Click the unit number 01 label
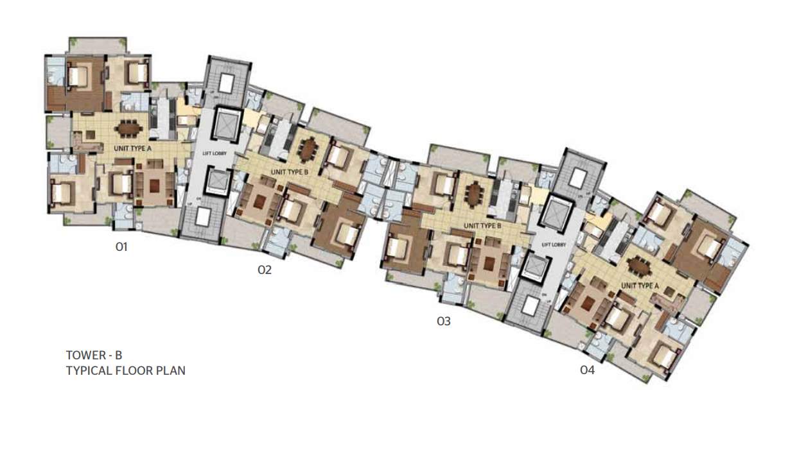tap(122, 246)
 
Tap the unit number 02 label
tap(265, 270)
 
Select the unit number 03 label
tap(444, 322)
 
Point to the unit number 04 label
tap(587, 370)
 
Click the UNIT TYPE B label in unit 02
tap(290, 172)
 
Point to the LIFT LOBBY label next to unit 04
tap(554, 245)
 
